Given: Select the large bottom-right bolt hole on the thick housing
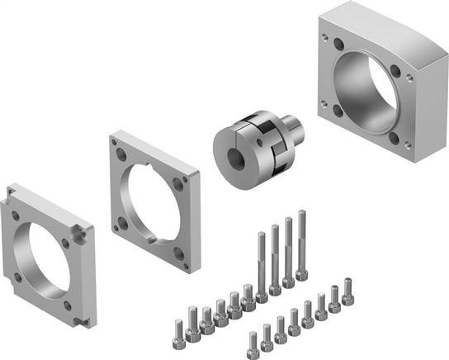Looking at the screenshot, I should click(407, 152).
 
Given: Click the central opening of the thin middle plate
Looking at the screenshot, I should click(153, 198).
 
